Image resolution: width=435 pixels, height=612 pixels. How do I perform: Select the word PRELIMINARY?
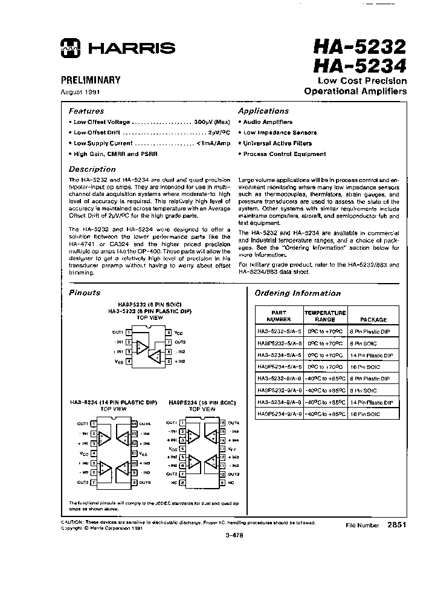[91, 80]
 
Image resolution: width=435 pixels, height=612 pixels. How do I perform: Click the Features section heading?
[86, 111]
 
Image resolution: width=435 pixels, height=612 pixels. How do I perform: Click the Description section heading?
[91, 169]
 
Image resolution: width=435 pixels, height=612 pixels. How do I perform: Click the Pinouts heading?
[85, 293]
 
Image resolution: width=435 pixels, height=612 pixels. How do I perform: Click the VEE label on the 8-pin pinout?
[119, 361]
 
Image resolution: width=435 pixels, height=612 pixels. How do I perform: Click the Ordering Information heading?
[297, 293]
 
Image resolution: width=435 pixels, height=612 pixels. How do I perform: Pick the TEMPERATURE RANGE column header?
[324, 316]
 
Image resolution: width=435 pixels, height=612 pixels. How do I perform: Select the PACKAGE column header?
[373, 319]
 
